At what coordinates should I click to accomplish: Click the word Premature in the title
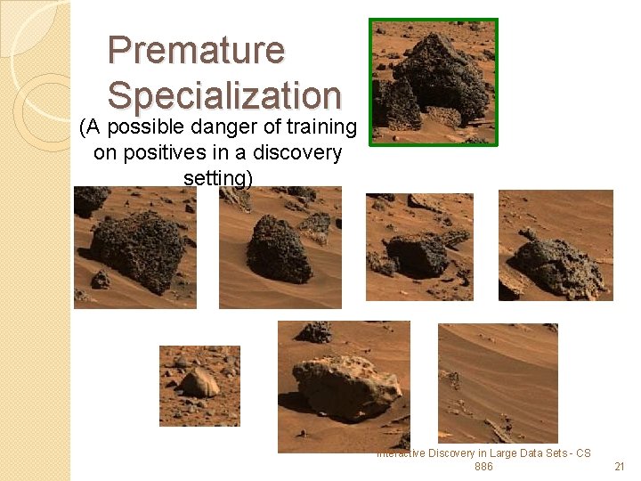click(196, 50)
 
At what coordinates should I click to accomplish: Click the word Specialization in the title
click(224, 94)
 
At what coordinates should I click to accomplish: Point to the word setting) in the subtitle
click(218, 177)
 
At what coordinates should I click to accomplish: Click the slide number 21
click(620, 467)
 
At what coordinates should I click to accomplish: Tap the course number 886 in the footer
click(483, 467)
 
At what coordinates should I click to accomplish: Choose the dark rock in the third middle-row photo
click(417, 254)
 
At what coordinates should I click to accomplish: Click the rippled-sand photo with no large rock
click(498, 382)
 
